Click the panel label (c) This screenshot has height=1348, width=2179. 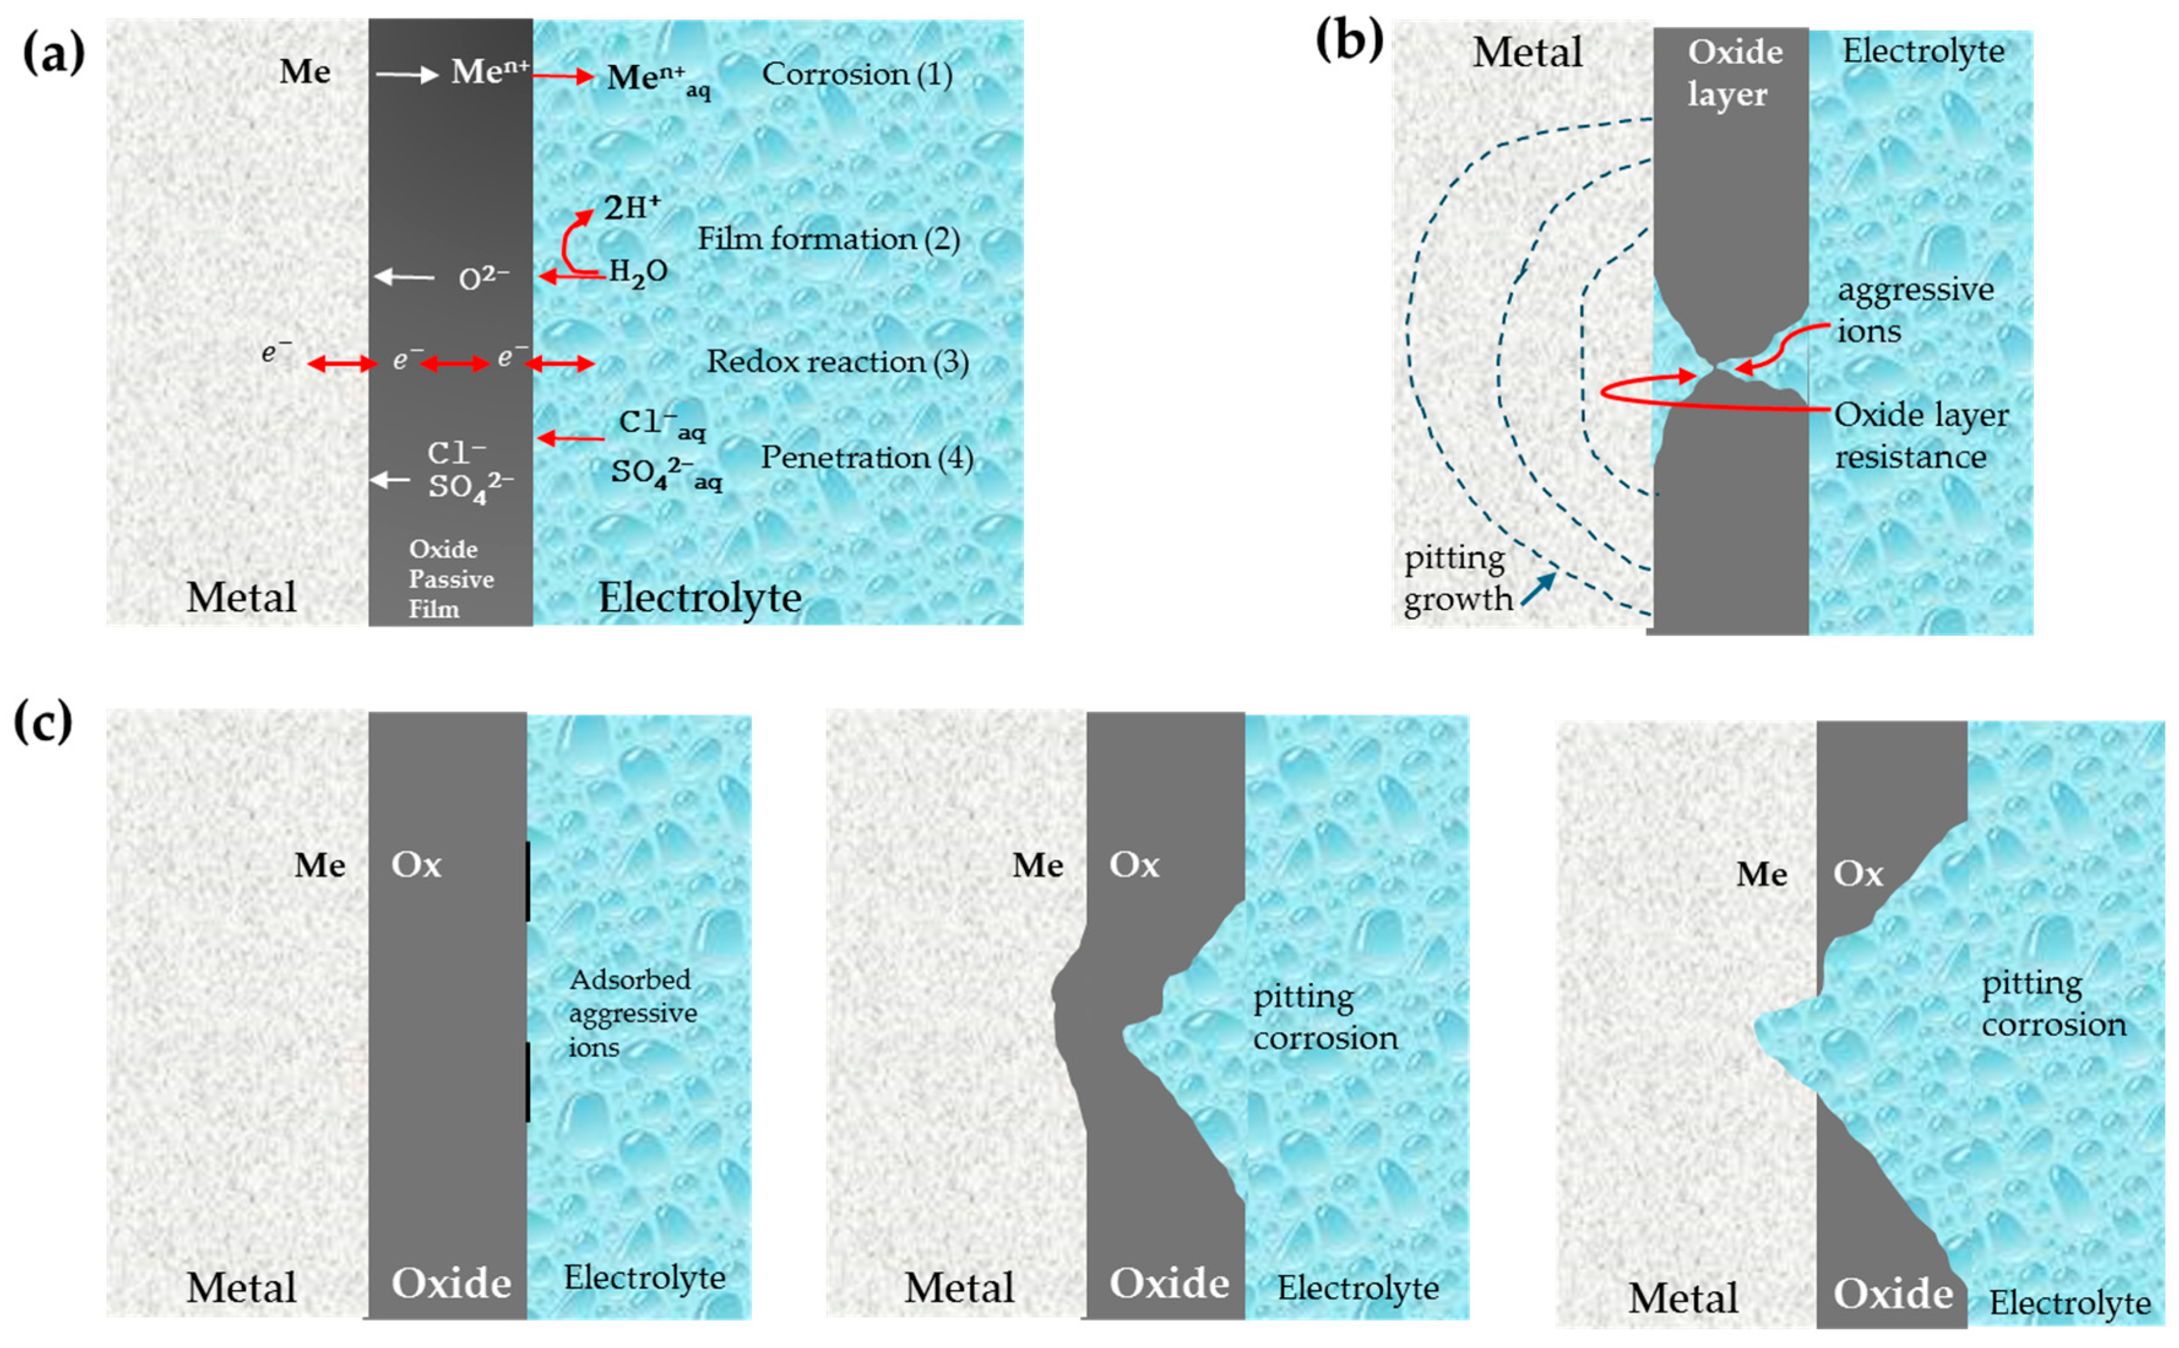coord(43,722)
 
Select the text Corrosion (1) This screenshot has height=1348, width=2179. coord(857,74)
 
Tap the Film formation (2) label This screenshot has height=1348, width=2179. coord(828,239)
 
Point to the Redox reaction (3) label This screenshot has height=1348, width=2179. coord(837,362)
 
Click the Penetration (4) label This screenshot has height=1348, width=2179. coord(866,458)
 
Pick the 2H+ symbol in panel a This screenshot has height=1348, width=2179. coord(632,207)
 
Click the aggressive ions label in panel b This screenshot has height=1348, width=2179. coord(1914,310)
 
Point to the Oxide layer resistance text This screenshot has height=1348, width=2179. coord(1920,436)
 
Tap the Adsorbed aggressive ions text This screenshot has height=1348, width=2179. coord(632,1013)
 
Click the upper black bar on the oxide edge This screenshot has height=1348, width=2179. coord(527,881)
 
